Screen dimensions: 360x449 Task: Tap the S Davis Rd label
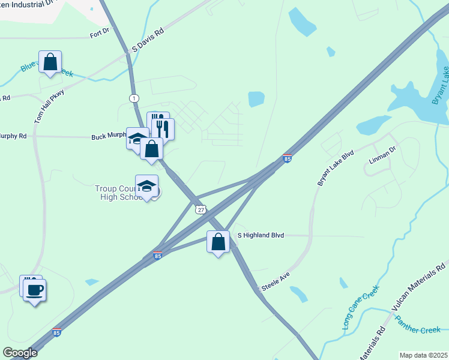147,41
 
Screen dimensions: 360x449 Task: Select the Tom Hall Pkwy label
49,106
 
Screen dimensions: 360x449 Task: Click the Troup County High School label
117,193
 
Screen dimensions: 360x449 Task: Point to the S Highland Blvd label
261,236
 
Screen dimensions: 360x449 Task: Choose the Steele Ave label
274,281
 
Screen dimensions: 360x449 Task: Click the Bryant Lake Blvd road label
337,164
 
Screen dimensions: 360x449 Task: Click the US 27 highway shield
200,209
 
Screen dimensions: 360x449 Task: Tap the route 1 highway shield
134,98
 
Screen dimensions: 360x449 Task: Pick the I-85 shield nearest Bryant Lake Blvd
288,158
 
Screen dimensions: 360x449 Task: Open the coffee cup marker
35,290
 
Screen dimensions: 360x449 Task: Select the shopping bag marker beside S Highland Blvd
218,242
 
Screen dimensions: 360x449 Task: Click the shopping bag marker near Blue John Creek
50,62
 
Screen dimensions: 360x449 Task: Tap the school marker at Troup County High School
146,185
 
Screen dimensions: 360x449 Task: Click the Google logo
20,353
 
